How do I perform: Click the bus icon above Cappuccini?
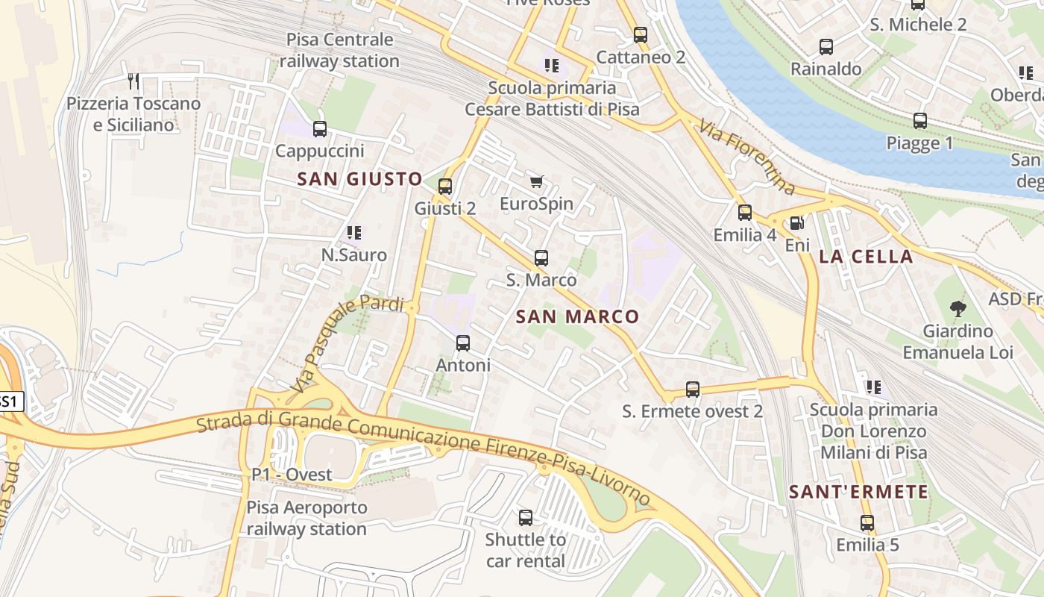click(x=320, y=129)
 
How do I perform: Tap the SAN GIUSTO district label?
click(x=359, y=179)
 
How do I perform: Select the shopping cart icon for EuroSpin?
click(x=536, y=181)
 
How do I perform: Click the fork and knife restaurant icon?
click(x=133, y=81)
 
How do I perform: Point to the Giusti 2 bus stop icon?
click(x=445, y=187)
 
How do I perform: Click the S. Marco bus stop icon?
click(x=541, y=258)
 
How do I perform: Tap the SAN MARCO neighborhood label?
click(x=577, y=316)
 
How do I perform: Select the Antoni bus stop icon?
click(x=463, y=343)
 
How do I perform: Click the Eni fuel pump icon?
click(x=796, y=222)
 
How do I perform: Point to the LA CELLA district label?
click(x=866, y=257)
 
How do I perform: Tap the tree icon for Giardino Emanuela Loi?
click(x=958, y=308)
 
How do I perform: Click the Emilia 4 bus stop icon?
click(x=744, y=213)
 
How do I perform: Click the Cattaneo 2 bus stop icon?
click(x=640, y=34)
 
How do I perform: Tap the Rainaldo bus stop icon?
click(x=826, y=47)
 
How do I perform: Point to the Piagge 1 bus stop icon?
click(x=919, y=121)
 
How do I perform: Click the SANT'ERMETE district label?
click(x=858, y=492)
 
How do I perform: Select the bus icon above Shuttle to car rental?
click(x=526, y=517)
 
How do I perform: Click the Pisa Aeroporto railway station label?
click(x=306, y=518)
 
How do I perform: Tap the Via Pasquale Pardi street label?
click(x=348, y=343)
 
